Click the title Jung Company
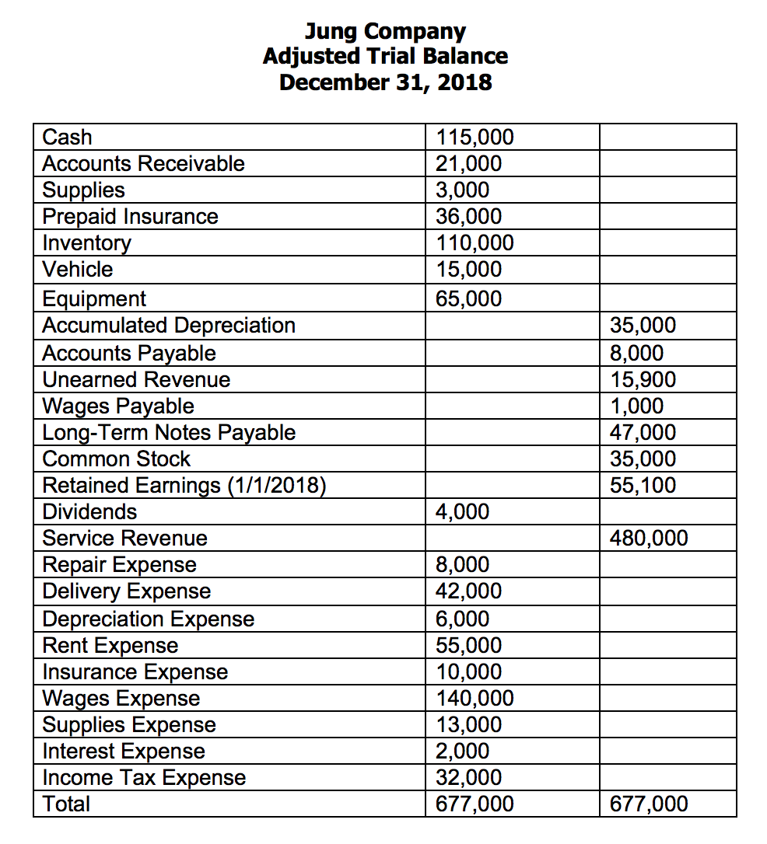385,32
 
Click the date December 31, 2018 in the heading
385,82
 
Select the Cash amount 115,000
475,138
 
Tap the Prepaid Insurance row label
130,216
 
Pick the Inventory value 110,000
475,243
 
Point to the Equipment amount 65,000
468,298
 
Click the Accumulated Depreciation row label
169,325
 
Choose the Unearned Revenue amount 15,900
643,379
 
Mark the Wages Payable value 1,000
636,406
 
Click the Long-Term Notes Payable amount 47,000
643,432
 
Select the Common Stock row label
116,459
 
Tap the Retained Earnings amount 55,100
643,485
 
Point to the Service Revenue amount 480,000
649,538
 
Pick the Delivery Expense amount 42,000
468,591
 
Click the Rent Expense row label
110,645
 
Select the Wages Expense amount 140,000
475,698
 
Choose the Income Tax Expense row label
144,777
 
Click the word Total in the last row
66,804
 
